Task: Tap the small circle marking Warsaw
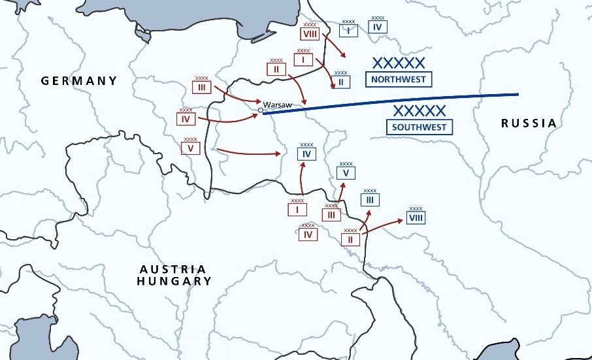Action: (x=260, y=110)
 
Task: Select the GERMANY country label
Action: (x=79, y=81)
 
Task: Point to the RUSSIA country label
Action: (x=529, y=123)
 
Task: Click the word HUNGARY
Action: (x=174, y=281)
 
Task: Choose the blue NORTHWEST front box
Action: (x=399, y=80)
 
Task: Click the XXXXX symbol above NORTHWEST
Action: (x=399, y=63)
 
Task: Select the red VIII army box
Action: (x=310, y=34)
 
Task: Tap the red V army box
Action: (x=191, y=148)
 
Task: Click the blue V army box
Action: (x=346, y=172)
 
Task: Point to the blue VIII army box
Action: (x=416, y=217)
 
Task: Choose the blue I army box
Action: (x=349, y=30)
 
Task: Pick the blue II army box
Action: (x=340, y=82)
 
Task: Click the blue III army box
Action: (x=370, y=199)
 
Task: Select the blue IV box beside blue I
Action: (x=378, y=27)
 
